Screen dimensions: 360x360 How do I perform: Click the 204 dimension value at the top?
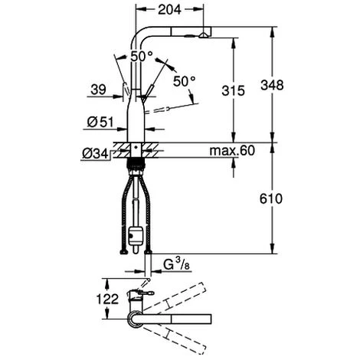[169, 10]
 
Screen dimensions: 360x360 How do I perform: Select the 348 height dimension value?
[272, 85]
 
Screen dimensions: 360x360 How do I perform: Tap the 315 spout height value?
[233, 90]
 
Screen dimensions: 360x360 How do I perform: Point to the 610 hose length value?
[271, 198]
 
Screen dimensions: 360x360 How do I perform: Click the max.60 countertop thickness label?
[232, 151]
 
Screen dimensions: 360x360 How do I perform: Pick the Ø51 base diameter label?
[100, 123]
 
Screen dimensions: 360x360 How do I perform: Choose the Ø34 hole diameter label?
[95, 154]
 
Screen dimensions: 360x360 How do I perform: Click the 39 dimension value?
[98, 90]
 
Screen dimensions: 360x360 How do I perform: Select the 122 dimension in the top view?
[107, 299]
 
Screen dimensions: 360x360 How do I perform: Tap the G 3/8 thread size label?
[176, 264]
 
